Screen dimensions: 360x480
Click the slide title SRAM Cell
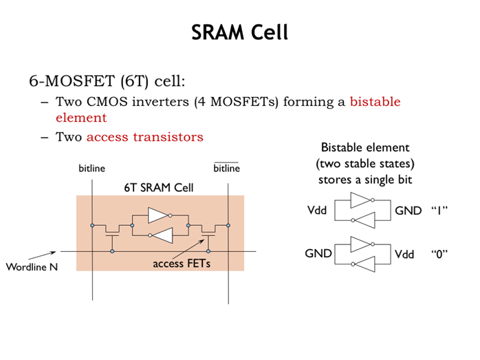tap(239, 32)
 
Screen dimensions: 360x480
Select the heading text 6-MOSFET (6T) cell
tap(107, 81)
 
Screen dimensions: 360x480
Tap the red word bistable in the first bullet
tap(375, 102)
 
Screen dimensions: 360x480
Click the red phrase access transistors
tap(145, 136)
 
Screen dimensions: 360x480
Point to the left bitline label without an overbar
tap(92, 169)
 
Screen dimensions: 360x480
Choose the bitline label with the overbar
tap(226, 169)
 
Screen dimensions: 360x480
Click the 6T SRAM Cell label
tap(159, 187)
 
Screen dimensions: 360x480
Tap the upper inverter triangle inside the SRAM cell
tap(158, 215)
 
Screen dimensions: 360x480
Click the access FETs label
tap(182, 262)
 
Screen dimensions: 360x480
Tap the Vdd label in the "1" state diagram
tap(317, 210)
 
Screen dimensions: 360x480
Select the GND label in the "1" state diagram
tap(408, 210)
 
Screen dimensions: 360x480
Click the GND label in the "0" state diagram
tap(318, 253)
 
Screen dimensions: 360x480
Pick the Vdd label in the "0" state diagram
tap(404, 253)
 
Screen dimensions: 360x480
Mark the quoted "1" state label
tap(439, 210)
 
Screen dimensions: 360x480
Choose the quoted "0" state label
tap(439, 253)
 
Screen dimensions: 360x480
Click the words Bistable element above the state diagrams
tap(365, 147)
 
